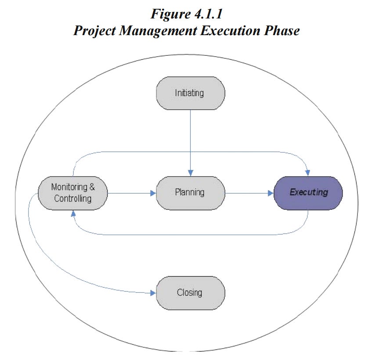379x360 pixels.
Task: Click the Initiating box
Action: point(191,93)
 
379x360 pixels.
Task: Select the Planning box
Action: point(191,193)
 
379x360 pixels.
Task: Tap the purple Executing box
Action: point(308,193)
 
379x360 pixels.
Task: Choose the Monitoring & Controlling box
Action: point(73,193)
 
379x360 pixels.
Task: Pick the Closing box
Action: point(191,293)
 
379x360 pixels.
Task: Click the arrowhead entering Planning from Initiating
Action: point(191,173)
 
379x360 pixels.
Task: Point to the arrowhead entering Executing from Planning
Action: point(271,193)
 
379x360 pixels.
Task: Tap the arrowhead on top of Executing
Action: point(307,173)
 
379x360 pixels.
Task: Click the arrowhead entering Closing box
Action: point(153,293)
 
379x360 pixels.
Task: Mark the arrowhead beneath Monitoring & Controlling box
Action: point(73,213)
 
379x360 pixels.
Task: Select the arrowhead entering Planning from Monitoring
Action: point(153,193)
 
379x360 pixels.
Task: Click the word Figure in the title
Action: point(170,14)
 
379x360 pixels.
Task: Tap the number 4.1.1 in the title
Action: point(208,14)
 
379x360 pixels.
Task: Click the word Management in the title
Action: point(158,31)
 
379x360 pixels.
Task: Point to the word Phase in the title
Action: point(282,30)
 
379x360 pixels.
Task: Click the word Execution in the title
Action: point(231,30)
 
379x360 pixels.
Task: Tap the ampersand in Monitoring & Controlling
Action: point(92,187)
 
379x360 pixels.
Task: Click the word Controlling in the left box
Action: point(73,199)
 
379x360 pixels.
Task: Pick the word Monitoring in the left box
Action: point(69,187)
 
